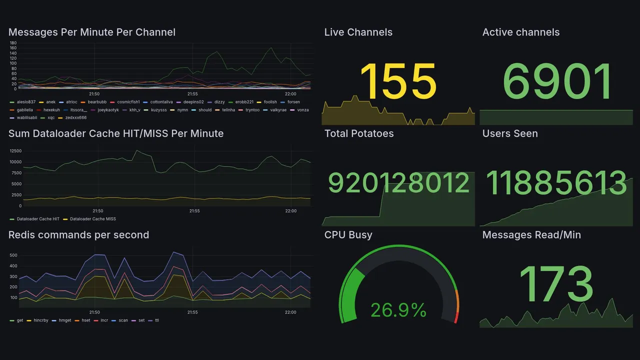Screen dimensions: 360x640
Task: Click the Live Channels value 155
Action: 398,81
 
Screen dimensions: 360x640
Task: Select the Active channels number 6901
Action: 557,81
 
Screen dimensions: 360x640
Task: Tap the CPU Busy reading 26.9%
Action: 398,310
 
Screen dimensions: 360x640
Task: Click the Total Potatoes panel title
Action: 358,133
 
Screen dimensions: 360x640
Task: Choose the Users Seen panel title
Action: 510,133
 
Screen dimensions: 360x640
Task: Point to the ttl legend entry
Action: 156,320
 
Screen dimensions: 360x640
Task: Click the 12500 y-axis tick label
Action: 15,151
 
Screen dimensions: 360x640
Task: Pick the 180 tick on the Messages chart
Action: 13,43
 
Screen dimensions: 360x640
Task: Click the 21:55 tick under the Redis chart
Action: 192,312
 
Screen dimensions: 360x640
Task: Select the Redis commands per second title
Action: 78,235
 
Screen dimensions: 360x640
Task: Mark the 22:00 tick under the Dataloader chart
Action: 290,211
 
